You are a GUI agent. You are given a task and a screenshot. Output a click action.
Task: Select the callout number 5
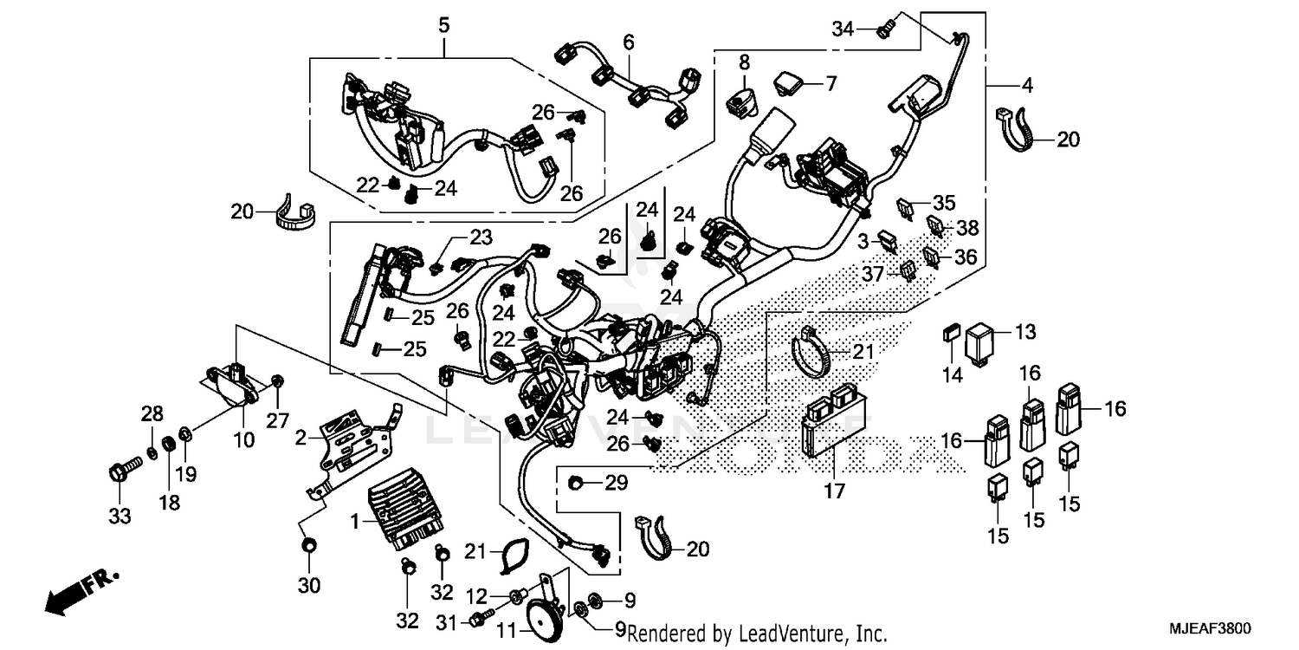click(443, 25)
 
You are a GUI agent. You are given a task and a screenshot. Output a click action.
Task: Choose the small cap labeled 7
click(786, 82)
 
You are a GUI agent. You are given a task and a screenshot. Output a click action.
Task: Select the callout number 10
click(244, 439)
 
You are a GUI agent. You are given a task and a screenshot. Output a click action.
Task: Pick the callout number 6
click(629, 42)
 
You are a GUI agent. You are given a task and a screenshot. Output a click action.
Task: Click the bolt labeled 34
click(882, 31)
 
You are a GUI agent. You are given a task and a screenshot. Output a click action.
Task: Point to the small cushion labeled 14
click(948, 331)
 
